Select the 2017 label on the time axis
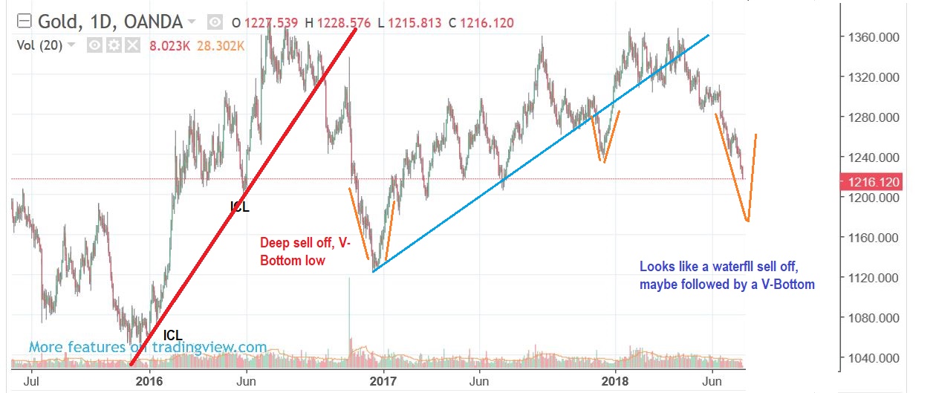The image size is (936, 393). (x=383, y=380)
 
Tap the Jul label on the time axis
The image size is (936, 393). (x=32, y=380)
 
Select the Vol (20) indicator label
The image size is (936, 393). (x=40, y=45)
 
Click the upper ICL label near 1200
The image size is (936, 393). (x=239, y=207)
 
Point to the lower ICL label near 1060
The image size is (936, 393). (x=172, y=335)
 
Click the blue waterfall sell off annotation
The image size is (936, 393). (x=726, y=275)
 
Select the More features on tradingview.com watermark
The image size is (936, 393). (x=148, y=347)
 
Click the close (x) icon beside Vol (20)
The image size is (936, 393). (x=132, y=46)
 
